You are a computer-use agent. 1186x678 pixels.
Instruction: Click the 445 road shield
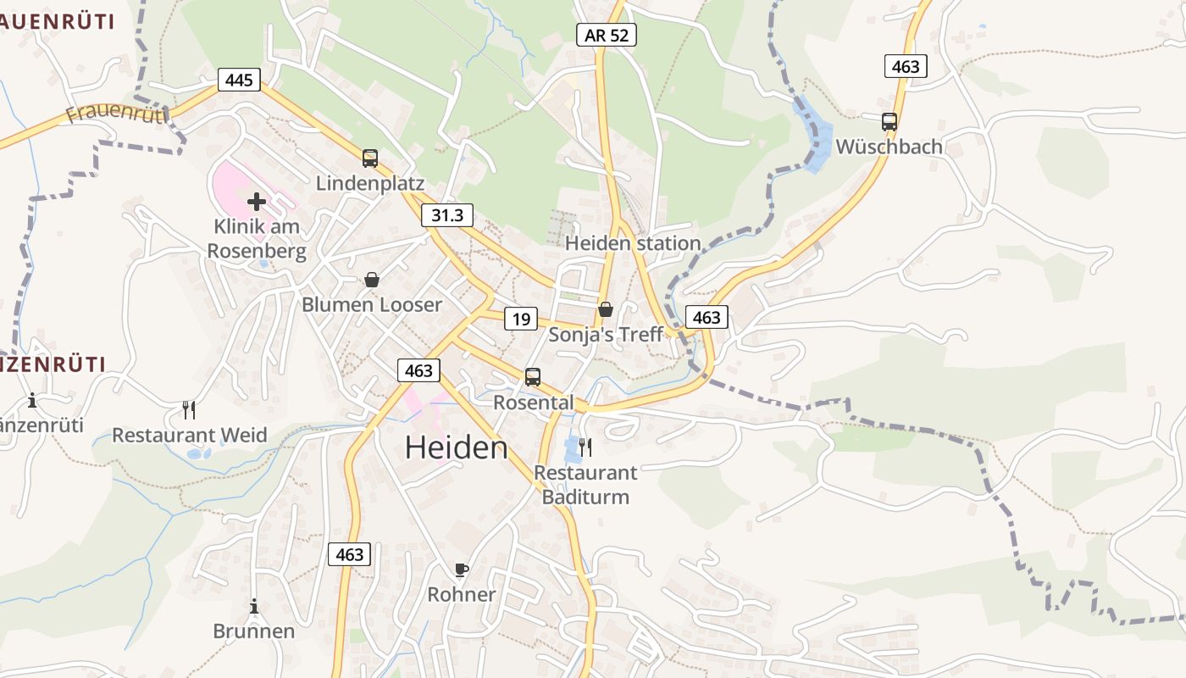click(x=240, y=80)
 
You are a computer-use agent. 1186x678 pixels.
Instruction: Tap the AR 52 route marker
click(x=606, y=35)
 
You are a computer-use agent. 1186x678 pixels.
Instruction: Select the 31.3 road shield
click(x=447, y=215)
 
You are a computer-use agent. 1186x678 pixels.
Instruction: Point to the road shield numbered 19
click(x=521, y=319)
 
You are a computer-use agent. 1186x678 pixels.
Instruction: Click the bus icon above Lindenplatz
click(x=370, y=158)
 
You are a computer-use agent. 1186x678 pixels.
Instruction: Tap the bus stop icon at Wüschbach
click(x=889, y=121)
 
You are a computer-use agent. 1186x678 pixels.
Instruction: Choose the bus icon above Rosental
click(x=532, y=377)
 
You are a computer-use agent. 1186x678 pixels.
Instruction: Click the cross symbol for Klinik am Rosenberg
click(x=256, y=202)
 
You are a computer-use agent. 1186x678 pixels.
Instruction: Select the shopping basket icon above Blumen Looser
click(x=371, y=280)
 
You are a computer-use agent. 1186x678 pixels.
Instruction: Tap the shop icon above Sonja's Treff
click(x=605, y=309)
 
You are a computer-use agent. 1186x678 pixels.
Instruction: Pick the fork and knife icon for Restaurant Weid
click(x=189, y=410)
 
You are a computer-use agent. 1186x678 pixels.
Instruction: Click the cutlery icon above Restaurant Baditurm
click(x=585, y=447)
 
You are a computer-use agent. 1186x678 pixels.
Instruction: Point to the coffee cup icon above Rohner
click(x=461, y=570)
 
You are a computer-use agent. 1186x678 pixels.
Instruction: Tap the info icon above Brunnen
click(x=253, y=606)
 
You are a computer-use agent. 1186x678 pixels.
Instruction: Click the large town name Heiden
click(x=456, y=447)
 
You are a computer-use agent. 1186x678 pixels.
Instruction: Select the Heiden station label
click(x=633, y=243)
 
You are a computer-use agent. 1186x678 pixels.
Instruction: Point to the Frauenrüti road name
click(x=115, y=114)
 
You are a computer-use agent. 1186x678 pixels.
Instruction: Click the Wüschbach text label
click(x=889, y=147)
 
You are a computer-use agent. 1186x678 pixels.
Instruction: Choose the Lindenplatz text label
click(x=370, y=183)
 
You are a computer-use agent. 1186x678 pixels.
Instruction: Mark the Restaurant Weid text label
click(x=190, y=436)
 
